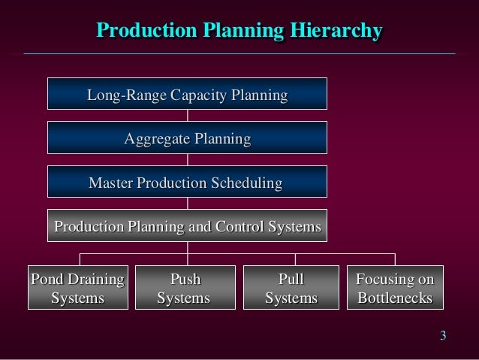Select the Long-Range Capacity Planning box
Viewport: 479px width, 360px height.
(187, 95)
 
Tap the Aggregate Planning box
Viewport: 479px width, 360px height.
(187, 139)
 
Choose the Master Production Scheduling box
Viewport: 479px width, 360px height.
(187, 183)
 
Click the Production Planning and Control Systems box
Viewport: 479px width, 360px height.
(187, 226)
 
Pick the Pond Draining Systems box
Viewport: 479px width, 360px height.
(77, 289)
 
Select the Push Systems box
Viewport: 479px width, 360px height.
(184, 289)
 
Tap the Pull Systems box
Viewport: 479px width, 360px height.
(291, 289)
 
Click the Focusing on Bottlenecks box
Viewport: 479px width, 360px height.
(395, 289)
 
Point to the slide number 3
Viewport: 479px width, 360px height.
(443, 335)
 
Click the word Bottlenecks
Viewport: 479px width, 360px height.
(395, 298)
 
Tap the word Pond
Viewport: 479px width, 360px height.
(45, 280)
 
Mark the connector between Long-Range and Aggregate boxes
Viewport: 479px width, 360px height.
(187, 116)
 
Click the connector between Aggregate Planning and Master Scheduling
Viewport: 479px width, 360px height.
(187, 160)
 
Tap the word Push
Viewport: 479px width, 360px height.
(185, 280)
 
